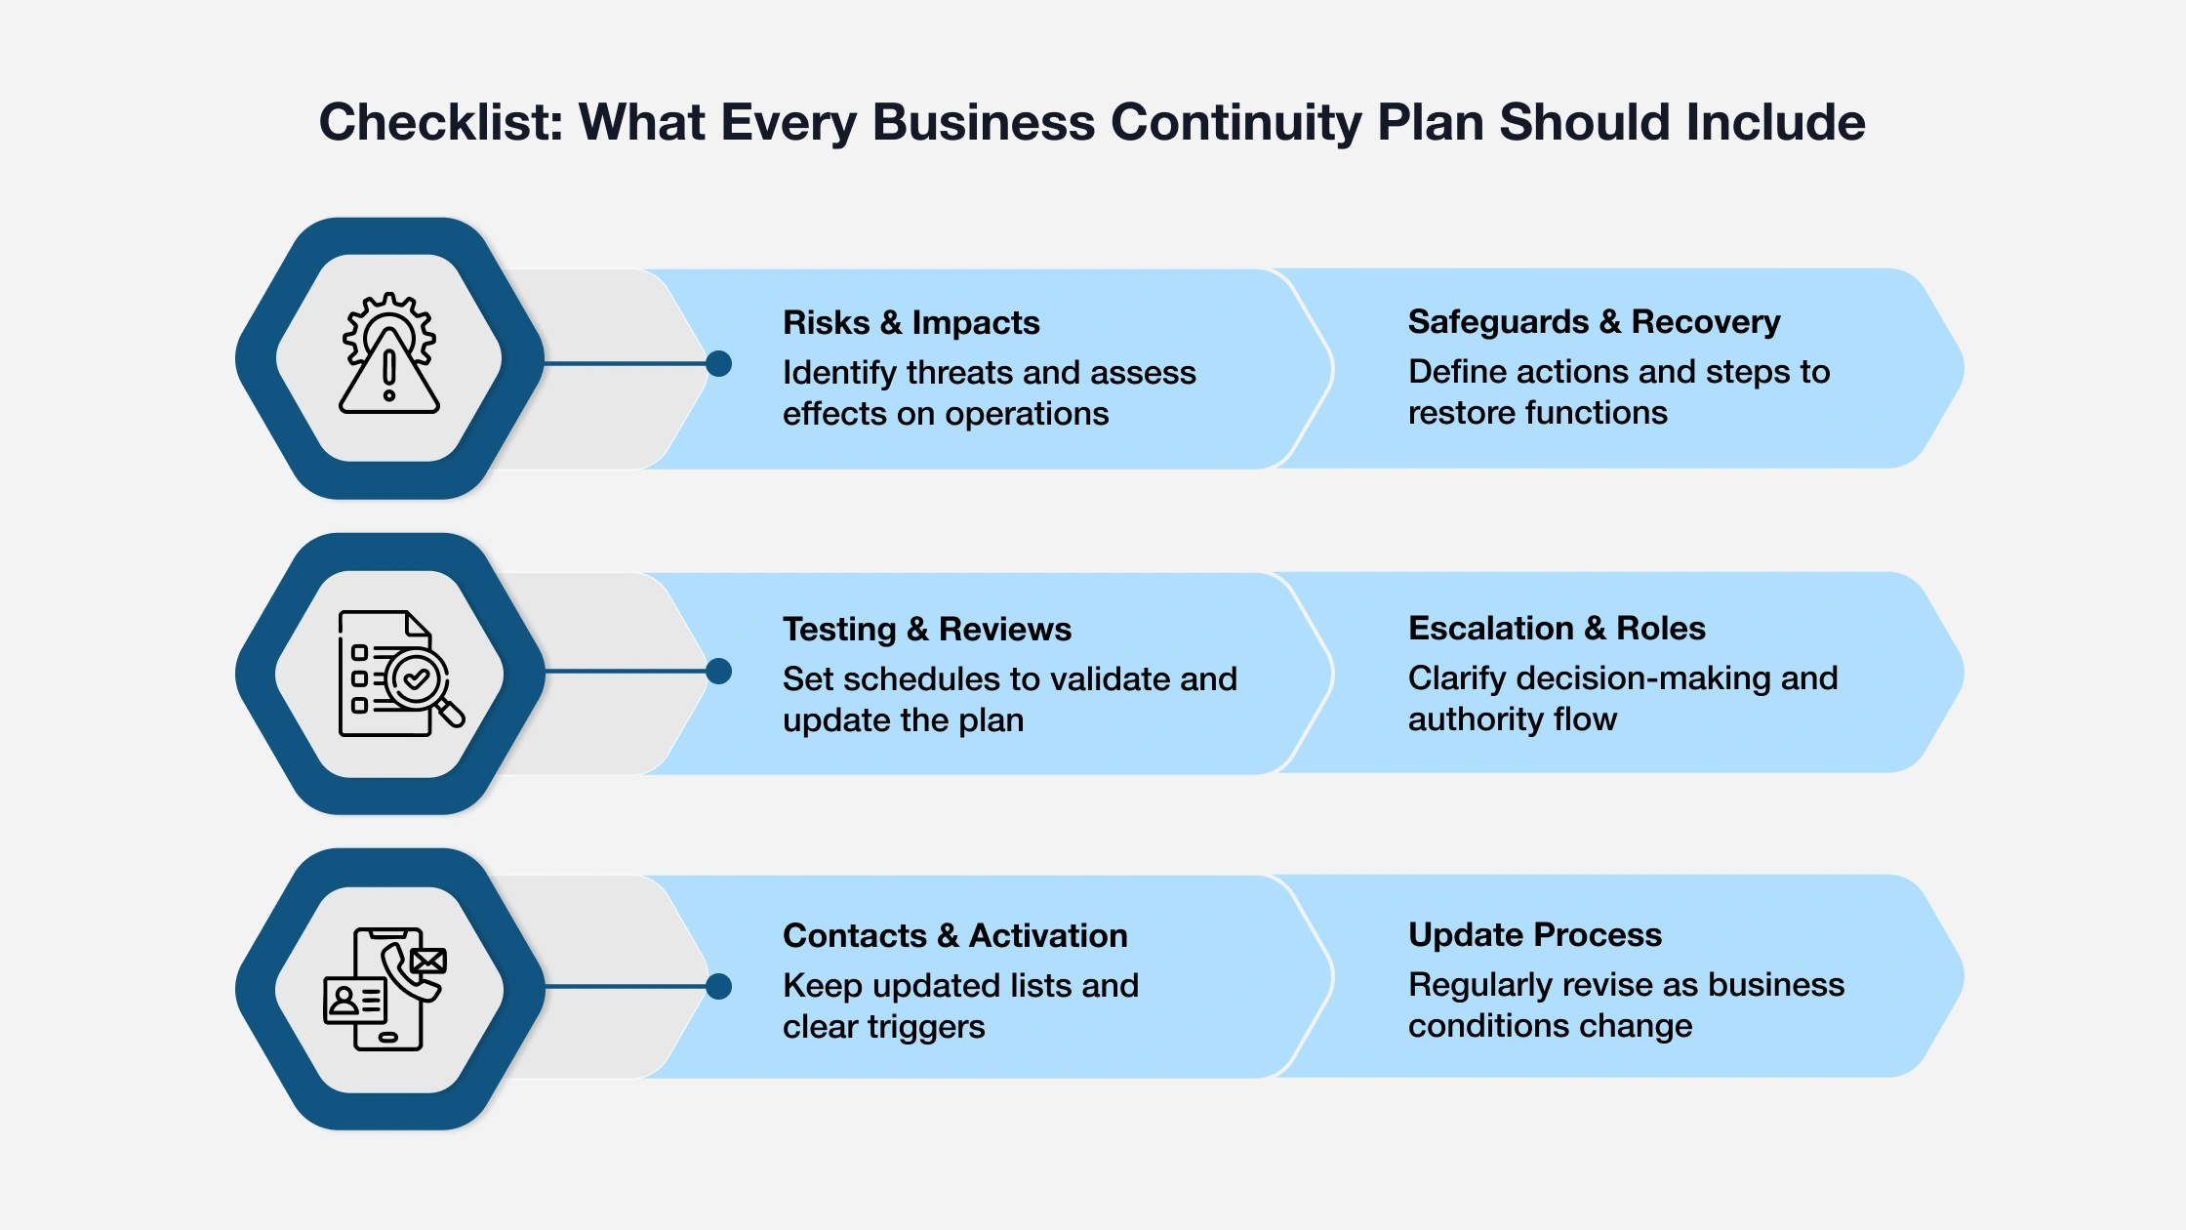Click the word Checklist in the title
tap(441, 123)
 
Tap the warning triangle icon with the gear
tap(389, 355)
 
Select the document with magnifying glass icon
tap(398, 673)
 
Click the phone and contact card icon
tap(385, 988)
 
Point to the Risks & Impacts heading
tap(911, 322)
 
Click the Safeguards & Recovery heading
tap(1594, 321)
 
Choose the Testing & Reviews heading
tap(926, 629)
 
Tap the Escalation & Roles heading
tap(1557, 628)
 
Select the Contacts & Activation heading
tap(954, 935)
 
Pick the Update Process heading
tap(1534, 934)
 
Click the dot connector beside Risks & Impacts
tap(719, 364)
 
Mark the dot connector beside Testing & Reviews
tap(719, 672)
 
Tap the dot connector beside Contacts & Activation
tap(719, 987)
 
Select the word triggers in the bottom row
tap(926, 1027)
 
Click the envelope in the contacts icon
tap(428, 962)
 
